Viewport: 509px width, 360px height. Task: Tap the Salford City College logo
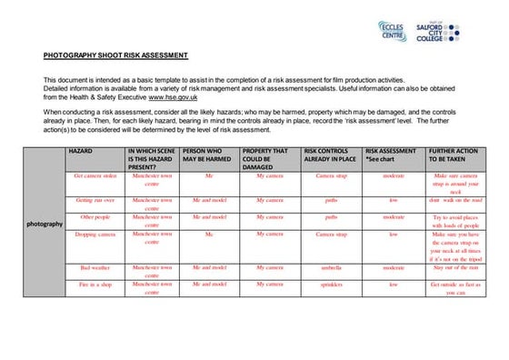point(442,31)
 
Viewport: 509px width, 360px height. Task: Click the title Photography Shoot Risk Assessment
point(115,55)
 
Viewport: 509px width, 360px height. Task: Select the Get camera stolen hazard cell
point(95,175)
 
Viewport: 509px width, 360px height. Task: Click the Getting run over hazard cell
point(95,200)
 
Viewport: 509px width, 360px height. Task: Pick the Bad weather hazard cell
point(95,268)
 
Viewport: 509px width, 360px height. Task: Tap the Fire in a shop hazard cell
point(95,285)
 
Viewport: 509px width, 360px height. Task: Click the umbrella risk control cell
point(331,268)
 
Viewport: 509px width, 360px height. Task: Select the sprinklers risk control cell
point(331,285)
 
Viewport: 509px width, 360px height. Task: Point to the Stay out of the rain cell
point(454,268)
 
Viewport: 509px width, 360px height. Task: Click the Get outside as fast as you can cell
point(454,289)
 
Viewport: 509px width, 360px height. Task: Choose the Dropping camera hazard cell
point(95,235)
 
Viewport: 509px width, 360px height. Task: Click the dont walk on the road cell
point(454,200)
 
